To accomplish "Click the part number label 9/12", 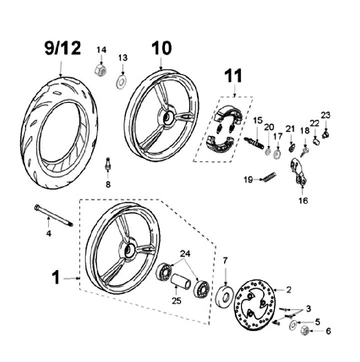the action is (x=62, y=48).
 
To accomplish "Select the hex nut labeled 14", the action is (x=100, y=70).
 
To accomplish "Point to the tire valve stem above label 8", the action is (x=107, y=164).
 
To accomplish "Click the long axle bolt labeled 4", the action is (x=53, y=215).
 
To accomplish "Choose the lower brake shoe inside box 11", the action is (x=220, y=144).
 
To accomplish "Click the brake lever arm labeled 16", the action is (x=298, y=172).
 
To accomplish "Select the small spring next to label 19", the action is (x=268, y=176).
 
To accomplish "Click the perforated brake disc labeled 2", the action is (x=254, y=304).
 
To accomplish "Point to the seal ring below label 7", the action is (x=224, y=297).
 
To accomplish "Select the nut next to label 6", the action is (x=305, y=331).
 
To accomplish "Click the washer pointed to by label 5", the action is (x=293, y=325).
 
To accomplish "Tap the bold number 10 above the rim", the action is (x=161, y=48).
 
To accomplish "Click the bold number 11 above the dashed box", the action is (x=233, y=75).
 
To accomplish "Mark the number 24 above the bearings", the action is (x=185, y=254).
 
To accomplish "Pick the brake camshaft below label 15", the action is (x=254, y=143).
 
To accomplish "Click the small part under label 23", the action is (x=325, y=135).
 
